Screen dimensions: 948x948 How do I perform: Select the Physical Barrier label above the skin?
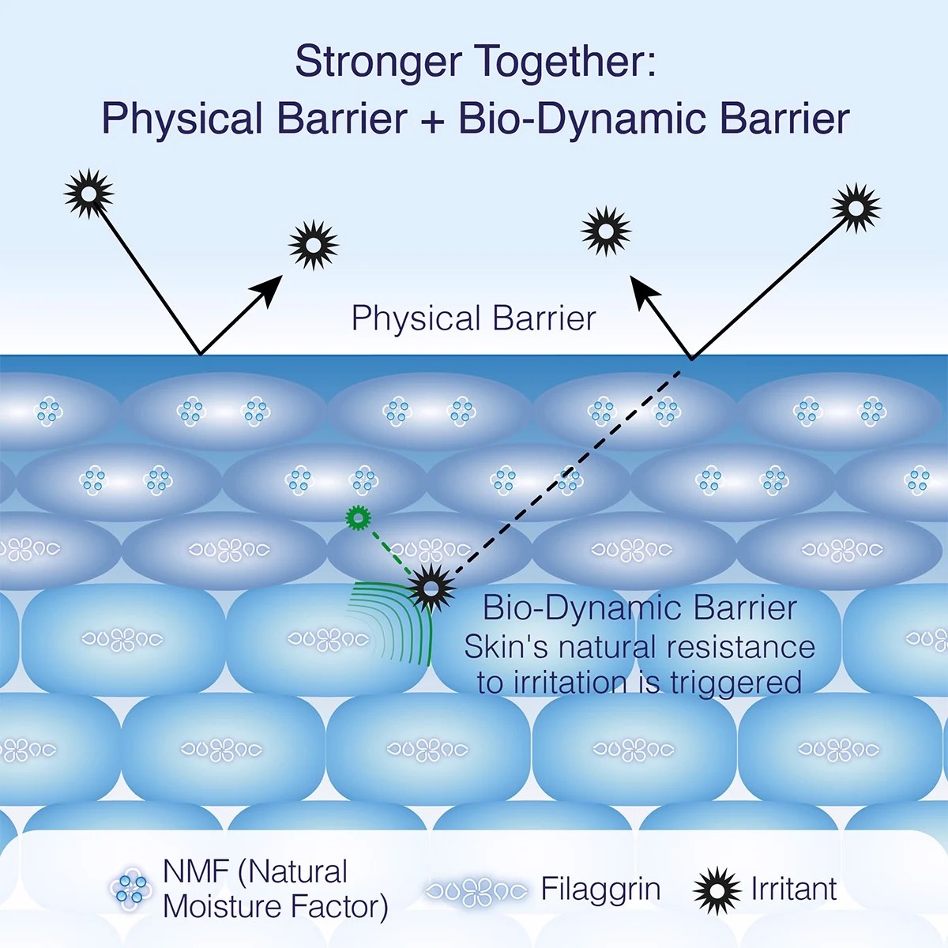click(473, 318)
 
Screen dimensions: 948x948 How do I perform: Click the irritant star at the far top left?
click(88, 193)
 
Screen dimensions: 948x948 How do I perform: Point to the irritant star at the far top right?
click(856, 208)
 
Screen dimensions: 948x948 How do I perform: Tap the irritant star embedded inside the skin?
click(431, 587)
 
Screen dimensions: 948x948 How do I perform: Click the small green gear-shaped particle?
click(359, 518)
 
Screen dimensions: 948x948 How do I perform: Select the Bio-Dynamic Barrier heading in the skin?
click(639, 608)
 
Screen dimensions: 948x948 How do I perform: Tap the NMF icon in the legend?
click(130, 889)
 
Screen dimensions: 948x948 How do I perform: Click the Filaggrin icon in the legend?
click(476, 892)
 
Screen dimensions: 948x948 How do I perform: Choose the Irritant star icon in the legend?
click(717, 890)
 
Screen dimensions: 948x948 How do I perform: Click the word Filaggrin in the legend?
click(600, 890)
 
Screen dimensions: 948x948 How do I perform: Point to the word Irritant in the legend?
click(793, 890)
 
